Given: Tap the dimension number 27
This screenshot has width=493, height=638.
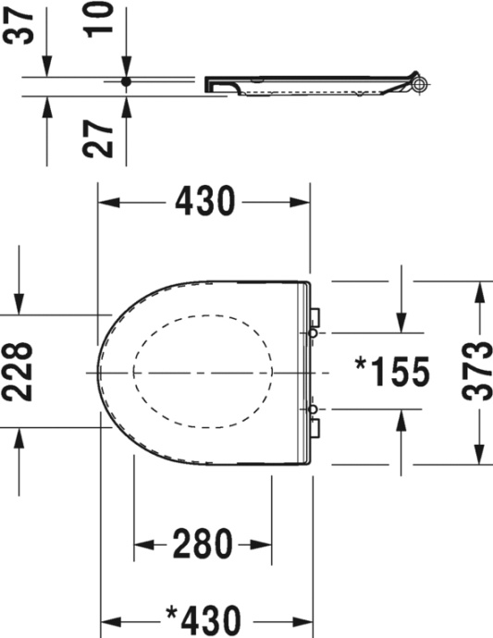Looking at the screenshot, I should (104, 135).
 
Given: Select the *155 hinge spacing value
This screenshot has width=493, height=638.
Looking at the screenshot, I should (392, 372).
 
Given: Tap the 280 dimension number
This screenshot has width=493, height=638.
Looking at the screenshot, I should (203, 546).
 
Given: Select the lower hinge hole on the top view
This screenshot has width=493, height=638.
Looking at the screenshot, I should (313, 409).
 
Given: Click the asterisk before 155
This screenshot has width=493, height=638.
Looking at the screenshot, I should (363, 364).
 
